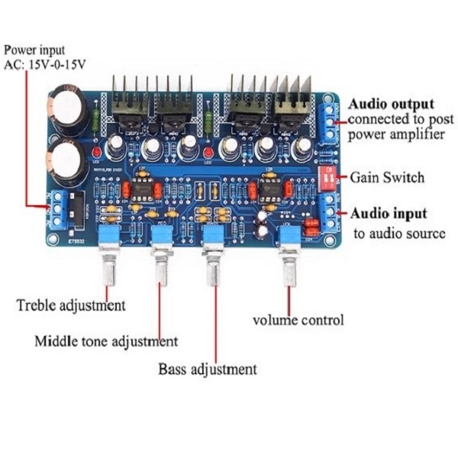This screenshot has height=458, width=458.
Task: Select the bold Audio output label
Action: point(391,104)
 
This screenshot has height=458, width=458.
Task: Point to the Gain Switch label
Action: point(386,177)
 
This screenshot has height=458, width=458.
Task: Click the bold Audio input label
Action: point(388,213)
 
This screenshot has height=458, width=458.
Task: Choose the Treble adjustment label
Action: point(70,306)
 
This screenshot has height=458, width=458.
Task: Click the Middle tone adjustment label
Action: point(106,340)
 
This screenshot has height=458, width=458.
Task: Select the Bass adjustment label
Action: point(207,370)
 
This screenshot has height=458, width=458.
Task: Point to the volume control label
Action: point(298,320)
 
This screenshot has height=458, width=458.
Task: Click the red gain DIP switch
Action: point(329,177)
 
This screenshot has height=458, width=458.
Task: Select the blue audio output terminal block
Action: point(328,121)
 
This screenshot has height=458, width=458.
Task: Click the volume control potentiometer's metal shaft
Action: point(289,268)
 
